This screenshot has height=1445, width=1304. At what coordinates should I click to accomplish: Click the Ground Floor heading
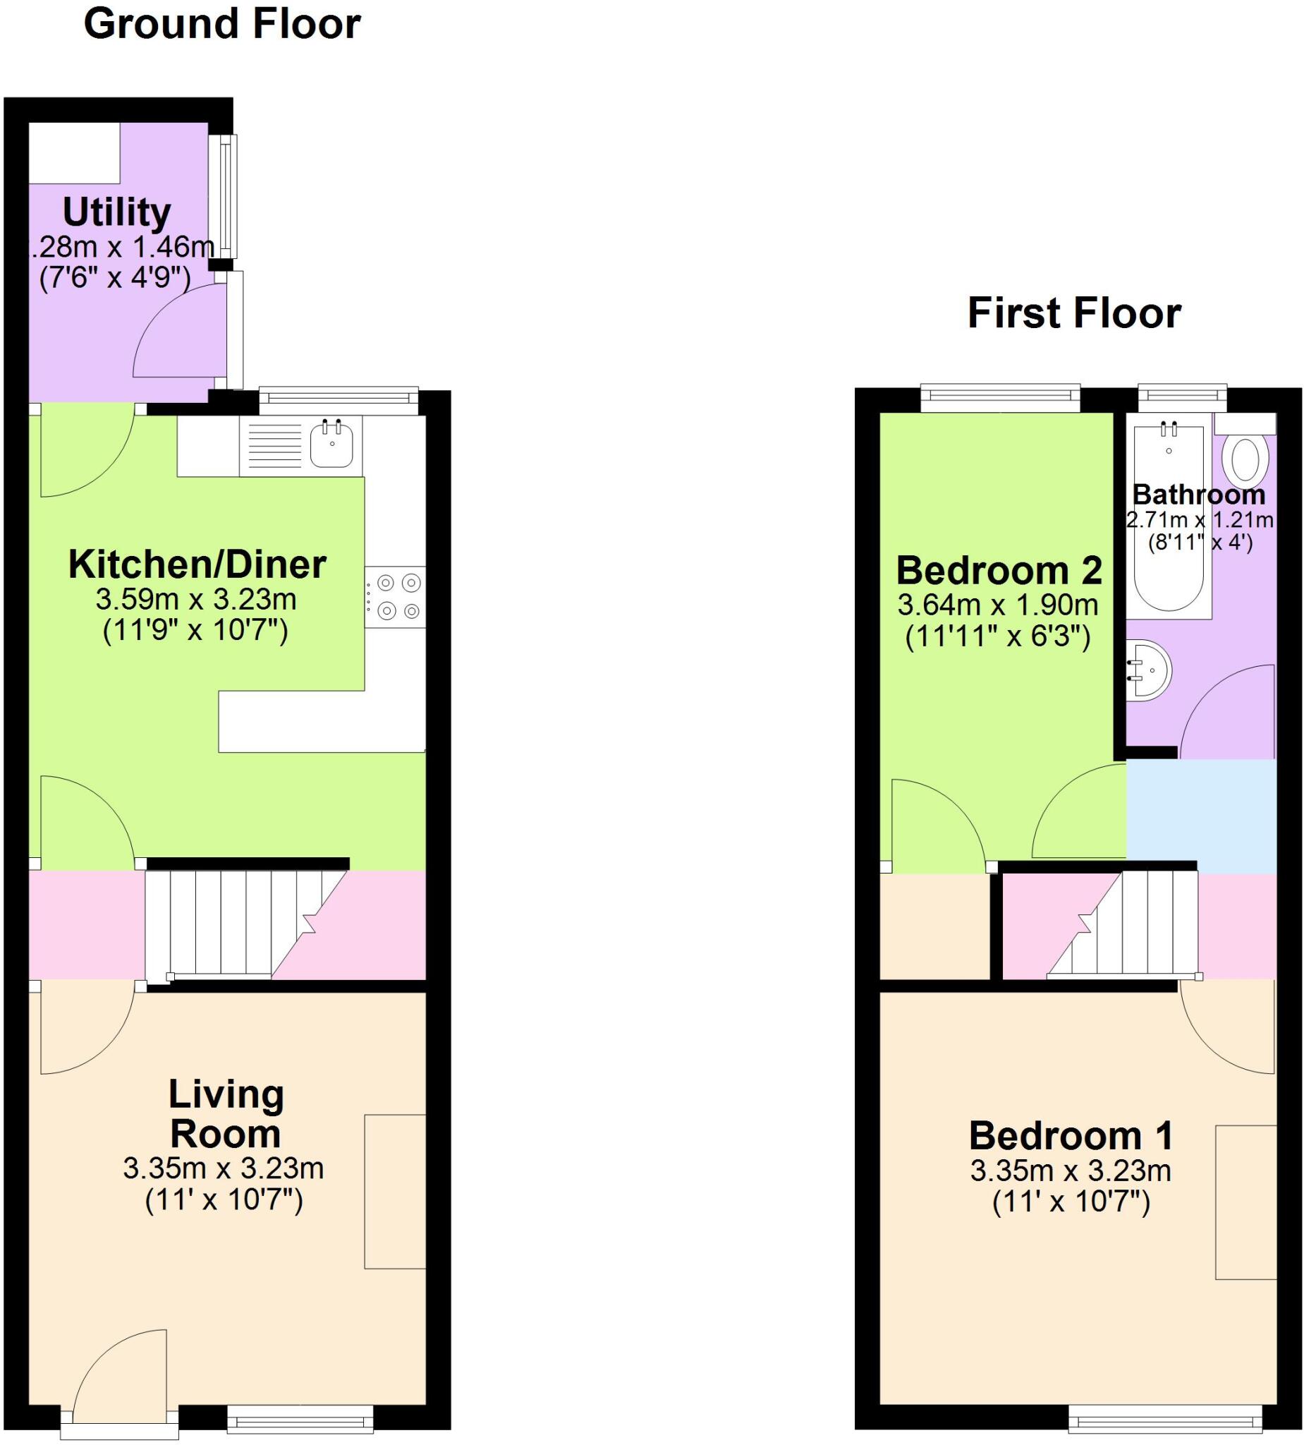[222, 25]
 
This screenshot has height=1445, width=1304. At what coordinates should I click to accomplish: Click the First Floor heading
[1074, 314]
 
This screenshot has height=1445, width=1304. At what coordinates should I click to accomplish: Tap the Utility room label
[117, 212]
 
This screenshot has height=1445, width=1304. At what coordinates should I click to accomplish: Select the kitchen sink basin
[331, 445]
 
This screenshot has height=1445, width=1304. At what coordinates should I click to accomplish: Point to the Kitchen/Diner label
[197, 565]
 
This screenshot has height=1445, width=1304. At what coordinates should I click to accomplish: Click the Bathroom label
[1199, 495]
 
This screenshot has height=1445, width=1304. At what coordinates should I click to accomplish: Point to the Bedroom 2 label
[999, 571]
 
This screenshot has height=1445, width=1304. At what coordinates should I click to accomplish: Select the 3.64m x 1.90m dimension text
[997, 605]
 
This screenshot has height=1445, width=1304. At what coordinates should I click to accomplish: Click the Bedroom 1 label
[1071, 1136]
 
